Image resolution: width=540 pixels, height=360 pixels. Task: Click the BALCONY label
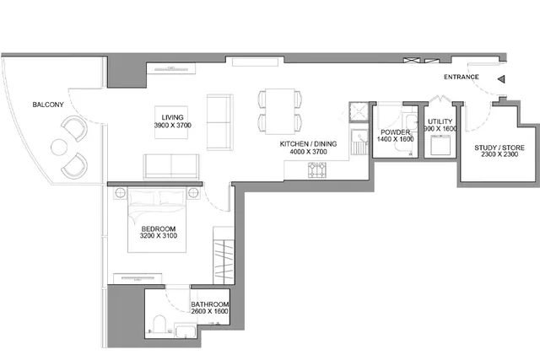tap(48, 105)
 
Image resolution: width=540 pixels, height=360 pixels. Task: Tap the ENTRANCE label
tap(462, 77)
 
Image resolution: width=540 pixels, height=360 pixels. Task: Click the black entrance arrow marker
tap(501, 79)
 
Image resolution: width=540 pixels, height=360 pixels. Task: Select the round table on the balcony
tap(59, 148)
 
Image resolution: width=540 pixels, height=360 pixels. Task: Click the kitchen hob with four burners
tap(317, 170)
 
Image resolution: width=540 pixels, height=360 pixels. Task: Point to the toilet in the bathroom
tap(159, 324)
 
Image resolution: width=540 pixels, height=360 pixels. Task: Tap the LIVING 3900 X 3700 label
tap(172, 121)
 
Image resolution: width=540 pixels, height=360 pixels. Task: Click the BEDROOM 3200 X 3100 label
tap(159, 233)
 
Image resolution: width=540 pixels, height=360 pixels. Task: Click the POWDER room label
tap(396, 132)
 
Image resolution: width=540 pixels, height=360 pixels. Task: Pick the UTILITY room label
tap(440, 121)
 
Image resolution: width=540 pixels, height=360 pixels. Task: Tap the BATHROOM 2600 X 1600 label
tap(210, 308)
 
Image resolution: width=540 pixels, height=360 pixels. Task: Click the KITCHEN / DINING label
tap(308, 144)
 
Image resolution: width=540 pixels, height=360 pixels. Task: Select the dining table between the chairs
tap(280, 111)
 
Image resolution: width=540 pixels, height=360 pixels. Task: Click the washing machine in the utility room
tap(440, 145)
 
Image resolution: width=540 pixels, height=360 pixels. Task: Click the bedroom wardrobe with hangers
tap(224, 255)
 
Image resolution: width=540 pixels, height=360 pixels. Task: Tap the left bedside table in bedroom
tap(120, 193)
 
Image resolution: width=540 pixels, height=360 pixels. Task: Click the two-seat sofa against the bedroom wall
tap(171, 167)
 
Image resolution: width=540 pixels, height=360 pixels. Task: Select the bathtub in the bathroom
tap(186, 330)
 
